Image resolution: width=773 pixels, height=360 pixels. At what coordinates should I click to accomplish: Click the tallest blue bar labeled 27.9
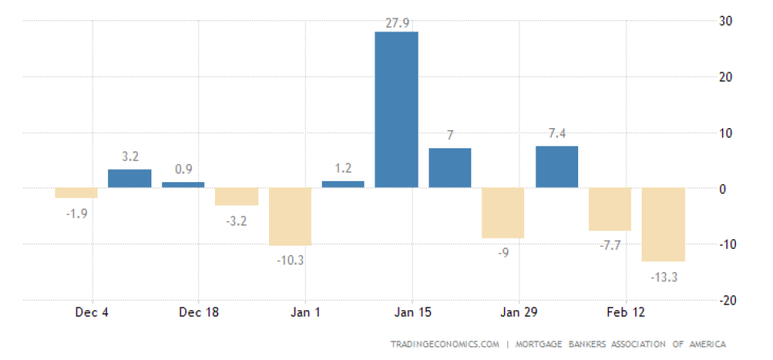click(x=396, y=110)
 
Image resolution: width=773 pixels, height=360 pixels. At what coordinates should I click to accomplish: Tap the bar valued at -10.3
click(x=290, y=216)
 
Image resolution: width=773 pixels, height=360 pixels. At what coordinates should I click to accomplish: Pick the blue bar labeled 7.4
click(x=556, y=167)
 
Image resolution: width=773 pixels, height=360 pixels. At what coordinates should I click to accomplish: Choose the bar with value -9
click(x=503, y=213)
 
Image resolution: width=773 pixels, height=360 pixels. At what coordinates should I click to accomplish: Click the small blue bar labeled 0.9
click(x=183, y=184)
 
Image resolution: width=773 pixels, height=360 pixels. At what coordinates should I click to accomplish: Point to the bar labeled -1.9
click(x=76, y=192)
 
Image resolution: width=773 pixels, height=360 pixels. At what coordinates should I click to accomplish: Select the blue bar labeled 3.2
click(x=130, y=178)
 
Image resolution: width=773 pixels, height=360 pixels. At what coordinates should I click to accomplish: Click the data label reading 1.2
click(x=343, y=168)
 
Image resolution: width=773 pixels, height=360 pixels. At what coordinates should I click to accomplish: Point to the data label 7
click(x=449, y=134)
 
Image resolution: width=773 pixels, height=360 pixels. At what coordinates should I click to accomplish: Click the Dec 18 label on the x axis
click(x=198, y=312)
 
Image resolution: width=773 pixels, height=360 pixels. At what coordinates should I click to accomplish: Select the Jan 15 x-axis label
click(x=413, y=312)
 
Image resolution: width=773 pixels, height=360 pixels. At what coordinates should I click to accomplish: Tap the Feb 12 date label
click(x=627, y=312)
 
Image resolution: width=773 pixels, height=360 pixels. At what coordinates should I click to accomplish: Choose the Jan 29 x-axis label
click(x=520, y=312)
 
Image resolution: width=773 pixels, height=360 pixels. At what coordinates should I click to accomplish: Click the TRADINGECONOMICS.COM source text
click(x=444, y=344)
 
